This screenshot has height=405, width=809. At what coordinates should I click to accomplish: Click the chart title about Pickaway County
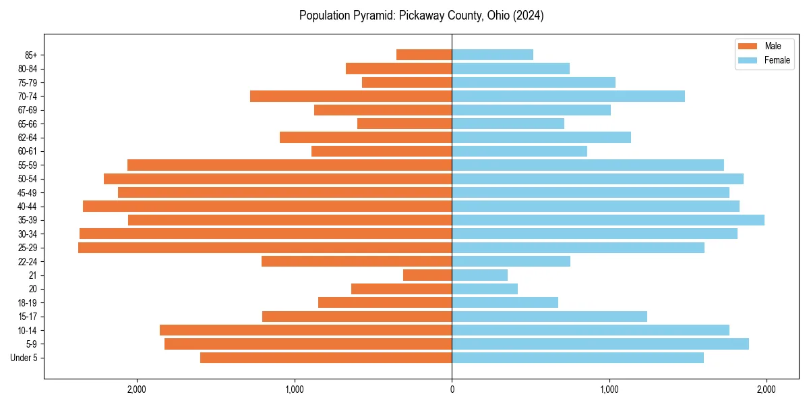(421, 16)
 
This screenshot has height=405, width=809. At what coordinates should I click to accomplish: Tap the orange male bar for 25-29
(265, 248)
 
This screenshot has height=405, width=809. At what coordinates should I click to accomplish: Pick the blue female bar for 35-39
(608, 220)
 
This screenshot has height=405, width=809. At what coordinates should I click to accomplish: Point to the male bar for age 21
(427, 275)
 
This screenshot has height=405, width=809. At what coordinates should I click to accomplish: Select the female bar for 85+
(492, 55)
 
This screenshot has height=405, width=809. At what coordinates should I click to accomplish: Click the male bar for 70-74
(351, 96)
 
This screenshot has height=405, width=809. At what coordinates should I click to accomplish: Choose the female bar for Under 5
(578, 358)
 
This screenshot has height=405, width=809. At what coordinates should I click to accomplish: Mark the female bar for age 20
(485, 289)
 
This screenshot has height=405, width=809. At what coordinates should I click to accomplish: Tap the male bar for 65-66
(404, 124)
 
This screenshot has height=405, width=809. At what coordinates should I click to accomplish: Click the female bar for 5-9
(600, 344)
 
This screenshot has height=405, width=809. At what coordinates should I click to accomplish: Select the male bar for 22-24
(357, 261)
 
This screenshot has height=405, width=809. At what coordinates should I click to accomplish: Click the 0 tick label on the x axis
(452, 389)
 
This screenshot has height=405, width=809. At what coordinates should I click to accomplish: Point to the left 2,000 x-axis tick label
(137, 389)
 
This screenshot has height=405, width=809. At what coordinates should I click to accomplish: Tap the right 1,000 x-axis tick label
(609, 389)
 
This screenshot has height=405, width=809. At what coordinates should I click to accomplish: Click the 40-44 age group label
(27, 207)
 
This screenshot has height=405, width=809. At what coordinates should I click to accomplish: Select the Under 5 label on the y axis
(24, 358)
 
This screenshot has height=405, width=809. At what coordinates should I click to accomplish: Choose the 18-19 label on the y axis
(27, 303)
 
